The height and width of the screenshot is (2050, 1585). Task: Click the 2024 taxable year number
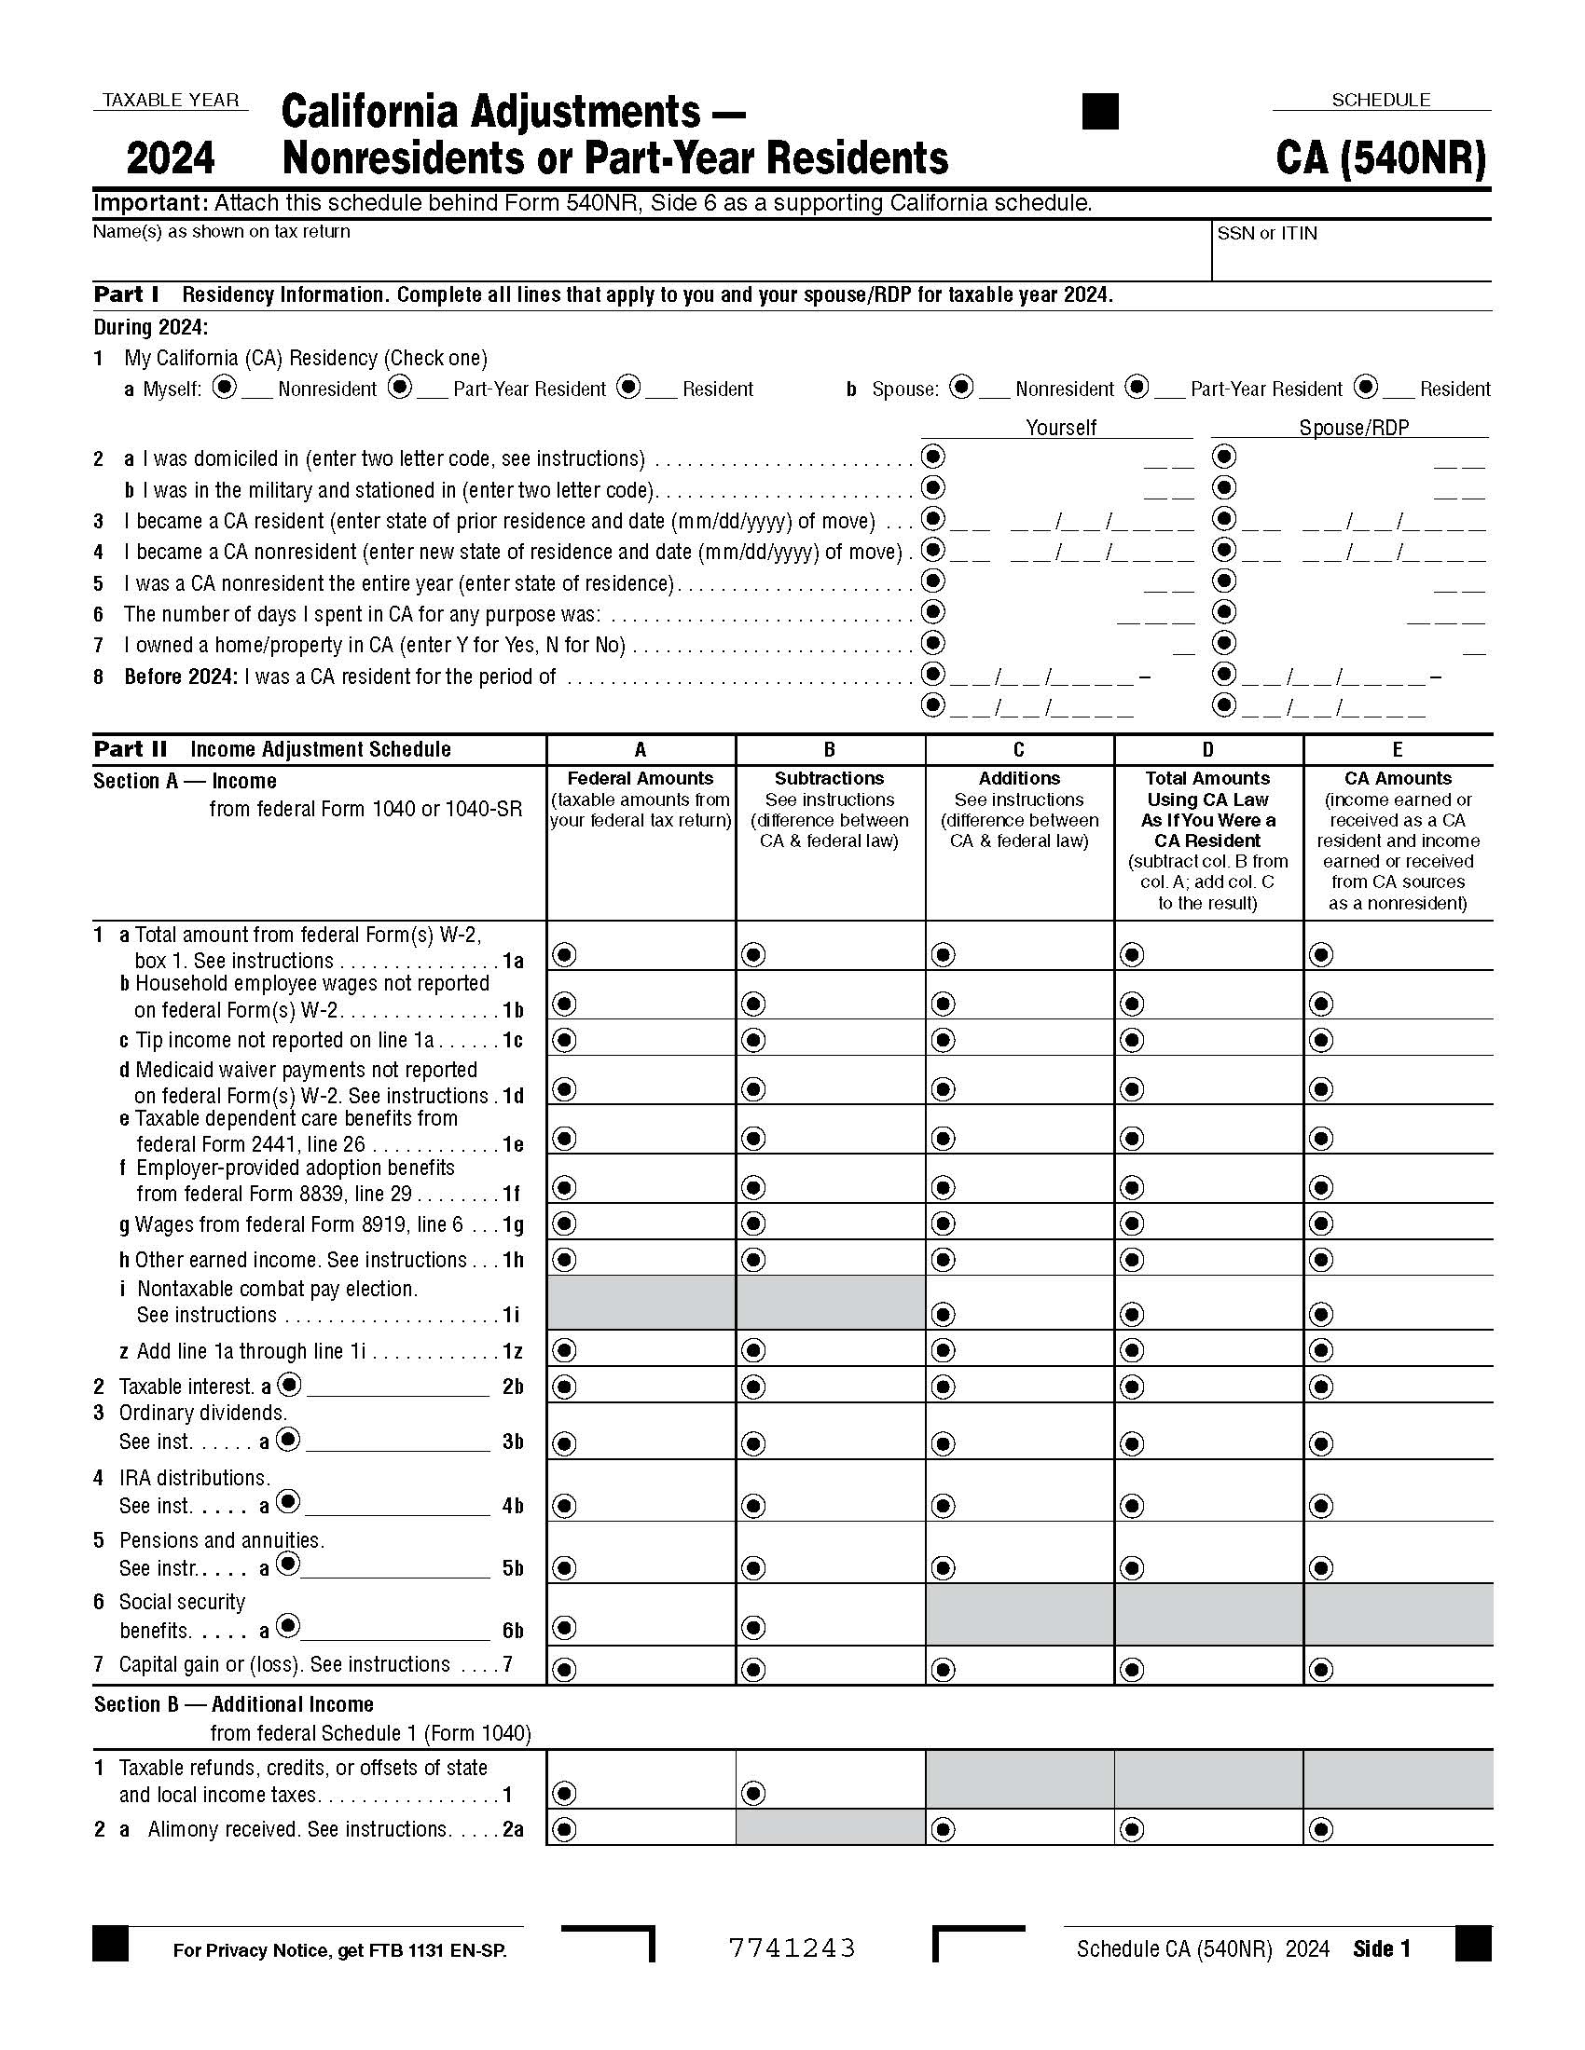[x=170, y=157]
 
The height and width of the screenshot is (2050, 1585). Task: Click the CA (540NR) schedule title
[x=1380, y=157]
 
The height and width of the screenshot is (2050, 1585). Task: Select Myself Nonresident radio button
[x=224, y=387]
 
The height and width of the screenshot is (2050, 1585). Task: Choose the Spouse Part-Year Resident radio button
[x=1137, y=387]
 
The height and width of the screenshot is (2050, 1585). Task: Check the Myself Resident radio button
[x=628, y=387]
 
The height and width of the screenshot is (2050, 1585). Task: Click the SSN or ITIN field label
[x=1267, y=234]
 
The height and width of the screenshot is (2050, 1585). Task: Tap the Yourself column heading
[x=1060, y=428]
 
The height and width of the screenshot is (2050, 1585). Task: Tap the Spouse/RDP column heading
[x=1353, y=428]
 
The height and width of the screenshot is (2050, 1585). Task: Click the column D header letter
[x=1207, y=749]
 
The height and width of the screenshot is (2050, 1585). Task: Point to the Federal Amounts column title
[x=641, y=778]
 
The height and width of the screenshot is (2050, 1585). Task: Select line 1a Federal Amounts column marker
[x=563, y=954]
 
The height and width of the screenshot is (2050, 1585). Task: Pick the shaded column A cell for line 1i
[x=641, y=1302]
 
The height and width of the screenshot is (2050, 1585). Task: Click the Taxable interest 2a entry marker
[x=290, y=1385]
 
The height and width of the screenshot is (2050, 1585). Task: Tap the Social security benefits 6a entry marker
[x=288, y=1626]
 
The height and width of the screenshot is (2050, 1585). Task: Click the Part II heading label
[x=131, y=749]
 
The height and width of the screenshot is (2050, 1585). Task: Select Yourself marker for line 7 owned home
[x=932, y=643]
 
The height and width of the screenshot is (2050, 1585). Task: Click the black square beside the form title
[x=1099, y=111]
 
